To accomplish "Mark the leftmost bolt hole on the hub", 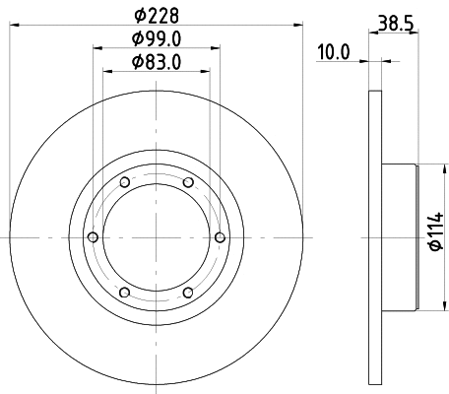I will [94, 236].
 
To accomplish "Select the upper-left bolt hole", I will [125, 182].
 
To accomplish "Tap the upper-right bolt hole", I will [187, 182].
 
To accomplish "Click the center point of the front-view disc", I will [156, 236].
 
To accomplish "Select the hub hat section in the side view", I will [399, 236].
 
